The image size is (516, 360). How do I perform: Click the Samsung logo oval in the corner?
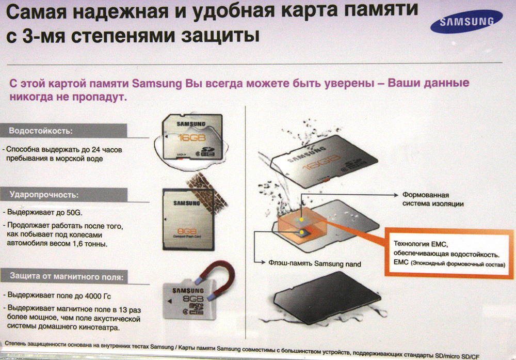(466, 21)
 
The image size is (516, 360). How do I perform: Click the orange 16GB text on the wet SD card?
(191, 138)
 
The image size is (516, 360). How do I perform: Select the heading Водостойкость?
(41, 131)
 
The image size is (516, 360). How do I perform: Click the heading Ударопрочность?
(44, 195)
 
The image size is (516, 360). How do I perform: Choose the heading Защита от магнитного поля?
(67, 276)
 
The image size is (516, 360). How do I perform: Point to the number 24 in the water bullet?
(96, 150)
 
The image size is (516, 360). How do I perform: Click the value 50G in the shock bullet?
(74, 212)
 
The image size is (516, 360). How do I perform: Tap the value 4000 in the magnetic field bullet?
(93, 296)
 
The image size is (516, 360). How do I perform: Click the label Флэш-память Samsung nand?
(315, 263)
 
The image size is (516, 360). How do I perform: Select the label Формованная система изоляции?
(433, 199)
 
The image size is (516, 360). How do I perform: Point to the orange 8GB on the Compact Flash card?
(187, 231)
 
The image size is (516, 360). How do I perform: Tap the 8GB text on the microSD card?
(193, 299)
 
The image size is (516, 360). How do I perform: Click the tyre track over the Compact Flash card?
(207, 189)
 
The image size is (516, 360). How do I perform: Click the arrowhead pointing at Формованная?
(396, 195)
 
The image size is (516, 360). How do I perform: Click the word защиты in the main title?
(220, 36)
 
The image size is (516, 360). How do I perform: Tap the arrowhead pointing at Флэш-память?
(263, 262)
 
